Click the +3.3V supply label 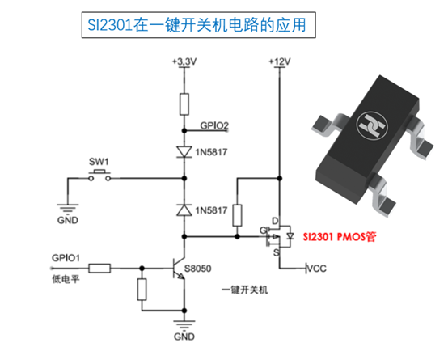click(x=184, y=61)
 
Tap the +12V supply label click(x=280, y=61)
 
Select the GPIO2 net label click(x=214, y=125)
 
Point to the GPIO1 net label click(x=66, y=258)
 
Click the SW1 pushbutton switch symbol click(x=99, y=176)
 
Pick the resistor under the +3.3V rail click(x=184, y=104)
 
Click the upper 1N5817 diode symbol click(x=184, y=152)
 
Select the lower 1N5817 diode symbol click(x=184, y=210)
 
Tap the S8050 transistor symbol click(x=179, y=269)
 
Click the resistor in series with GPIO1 click(x=99, y=269)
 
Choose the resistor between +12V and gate click(x=237, y=215)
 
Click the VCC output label click(x=316, y=269)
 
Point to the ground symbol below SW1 click(x=68, y=208)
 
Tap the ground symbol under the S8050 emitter click(x=184, y=325)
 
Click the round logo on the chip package click(x=372, y=125)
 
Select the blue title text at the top click(x=197, y=25)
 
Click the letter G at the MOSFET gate click(x=263, y=231)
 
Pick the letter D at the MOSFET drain click(x=275, y=221)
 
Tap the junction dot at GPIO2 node click(x=184, y=131)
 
